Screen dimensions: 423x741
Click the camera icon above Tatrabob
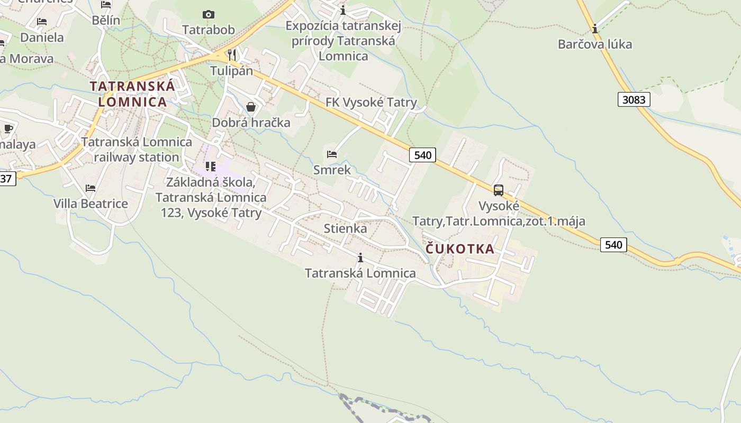[209, 14]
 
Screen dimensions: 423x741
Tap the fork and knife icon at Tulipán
[231, 54]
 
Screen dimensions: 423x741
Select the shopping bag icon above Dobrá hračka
[251, 107]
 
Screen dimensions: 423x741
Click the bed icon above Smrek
[332, 154]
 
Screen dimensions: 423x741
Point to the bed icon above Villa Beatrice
[91, 188]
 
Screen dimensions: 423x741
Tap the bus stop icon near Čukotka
[498, 190]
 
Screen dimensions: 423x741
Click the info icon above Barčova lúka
[595, 28]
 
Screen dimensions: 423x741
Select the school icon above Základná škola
[211, 167]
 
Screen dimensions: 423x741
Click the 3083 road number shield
[634, 99]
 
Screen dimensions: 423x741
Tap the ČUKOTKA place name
[460, 249]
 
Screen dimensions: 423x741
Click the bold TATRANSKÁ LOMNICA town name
[132, 94]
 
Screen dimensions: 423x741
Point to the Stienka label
[345, 228]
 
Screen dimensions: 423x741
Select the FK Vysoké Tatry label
[371, 103]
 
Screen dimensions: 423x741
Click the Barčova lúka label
[595, 44]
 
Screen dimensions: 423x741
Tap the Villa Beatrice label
[91, 204]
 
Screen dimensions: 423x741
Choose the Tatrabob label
[209, 30]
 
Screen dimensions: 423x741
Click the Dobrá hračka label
[251, 123]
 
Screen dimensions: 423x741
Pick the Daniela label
[42, 38]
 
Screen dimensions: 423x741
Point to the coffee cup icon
[8, 128]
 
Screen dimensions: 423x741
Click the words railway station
[137, 157]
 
